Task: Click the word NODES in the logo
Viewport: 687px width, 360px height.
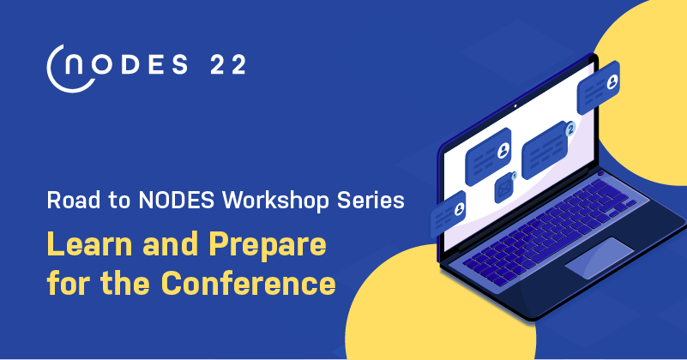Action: [x=126, y=65]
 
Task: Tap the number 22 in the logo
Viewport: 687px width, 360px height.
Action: [x=228, y=65]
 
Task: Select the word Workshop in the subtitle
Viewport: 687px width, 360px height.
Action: [x=275, y=201]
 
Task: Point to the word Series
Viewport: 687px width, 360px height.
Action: [x=371, y=201]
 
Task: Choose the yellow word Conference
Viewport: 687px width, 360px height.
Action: [x=248, y=284]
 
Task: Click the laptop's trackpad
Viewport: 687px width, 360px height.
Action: [x=600, y=258]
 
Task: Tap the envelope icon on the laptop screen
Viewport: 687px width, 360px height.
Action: [x=504, y=189]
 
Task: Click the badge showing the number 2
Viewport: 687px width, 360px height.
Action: [x=570, y=129]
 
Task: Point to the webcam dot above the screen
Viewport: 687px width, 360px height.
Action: [x=515, y=106]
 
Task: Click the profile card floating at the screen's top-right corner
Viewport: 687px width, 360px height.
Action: [x=599, y=87]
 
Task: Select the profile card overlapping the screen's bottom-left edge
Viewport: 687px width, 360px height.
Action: [x=448, y=213]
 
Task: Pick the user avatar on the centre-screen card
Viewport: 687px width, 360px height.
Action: [x=503, y=150]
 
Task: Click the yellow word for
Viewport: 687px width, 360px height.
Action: [x=69, y=284]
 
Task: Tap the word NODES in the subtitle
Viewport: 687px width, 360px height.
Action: [x=177, y=201]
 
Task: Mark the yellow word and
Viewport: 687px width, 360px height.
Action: [x=170, y=244]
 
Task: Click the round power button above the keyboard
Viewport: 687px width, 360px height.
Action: [x=600, y=173]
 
